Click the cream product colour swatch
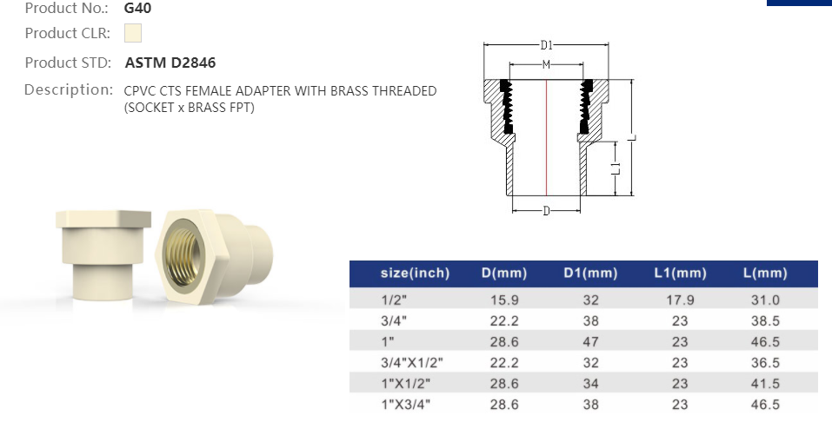pos(132,34)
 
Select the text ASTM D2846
pos(170,63)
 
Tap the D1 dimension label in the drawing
pos(547,44)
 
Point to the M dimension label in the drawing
pos(545,65)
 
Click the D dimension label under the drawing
pos(546,211)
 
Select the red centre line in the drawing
pos(546,139)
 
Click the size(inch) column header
pos(415,274)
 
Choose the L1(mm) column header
pos(680,274)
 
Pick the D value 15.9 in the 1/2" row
pos(504,299)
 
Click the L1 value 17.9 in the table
pos(680,299)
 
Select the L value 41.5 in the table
pos(765,383)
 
